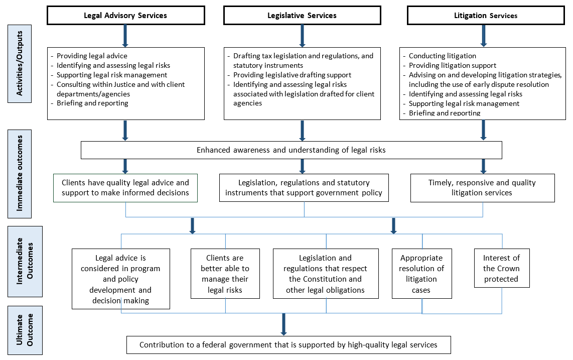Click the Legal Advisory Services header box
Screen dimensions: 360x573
tap(125, 15)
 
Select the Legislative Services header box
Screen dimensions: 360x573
tap(302, 15)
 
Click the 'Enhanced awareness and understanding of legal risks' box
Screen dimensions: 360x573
tap(291, 150)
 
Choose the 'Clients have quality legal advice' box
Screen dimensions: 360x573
tap(125, 188)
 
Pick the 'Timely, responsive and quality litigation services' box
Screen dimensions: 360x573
tap(482, 188)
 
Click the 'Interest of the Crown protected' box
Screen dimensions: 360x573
tap(501, 268)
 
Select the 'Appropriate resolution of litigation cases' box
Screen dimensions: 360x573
tap(421, 274)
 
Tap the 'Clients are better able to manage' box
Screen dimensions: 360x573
tap(225, 274)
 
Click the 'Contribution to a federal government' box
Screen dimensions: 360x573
tap(288, 345)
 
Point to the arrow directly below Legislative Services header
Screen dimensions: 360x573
tap(302, 36)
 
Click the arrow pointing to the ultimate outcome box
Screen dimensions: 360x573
tap(283, 324)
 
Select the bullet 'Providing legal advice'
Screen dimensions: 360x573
tap(92, 56)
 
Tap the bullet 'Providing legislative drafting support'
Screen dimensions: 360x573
tap(292, 75)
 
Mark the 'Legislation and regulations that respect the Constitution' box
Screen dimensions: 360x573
tap(325, 274)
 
